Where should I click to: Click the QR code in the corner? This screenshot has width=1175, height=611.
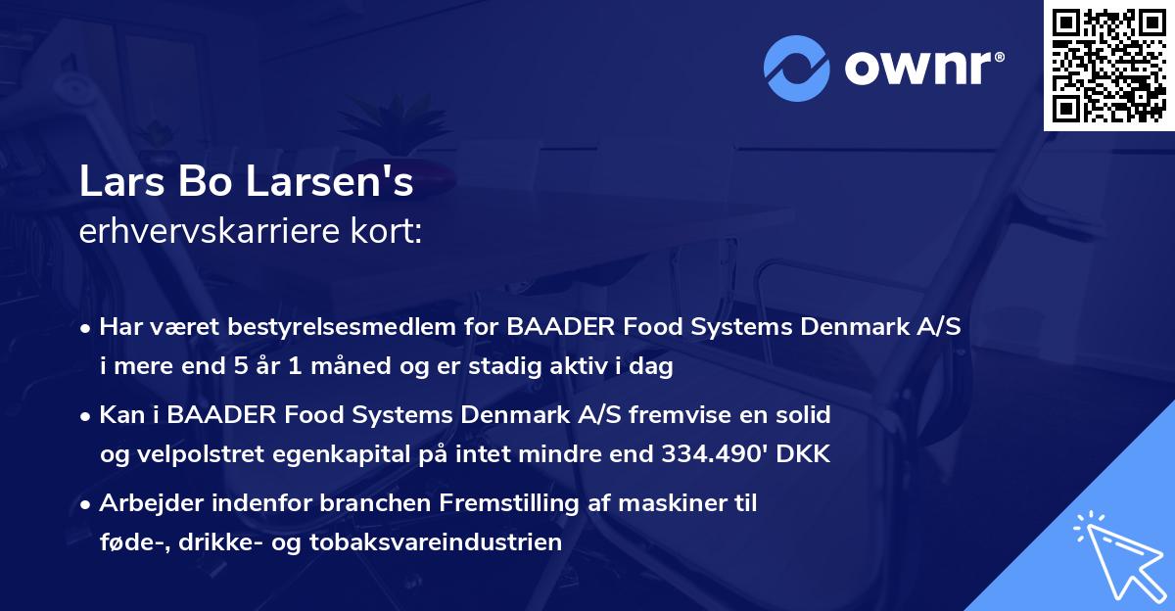coord(1108,66)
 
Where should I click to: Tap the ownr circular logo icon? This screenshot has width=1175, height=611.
coord(797,69)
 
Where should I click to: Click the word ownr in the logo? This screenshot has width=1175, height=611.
coord(921,69)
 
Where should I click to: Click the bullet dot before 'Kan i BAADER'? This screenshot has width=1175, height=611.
coord(87,416)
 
